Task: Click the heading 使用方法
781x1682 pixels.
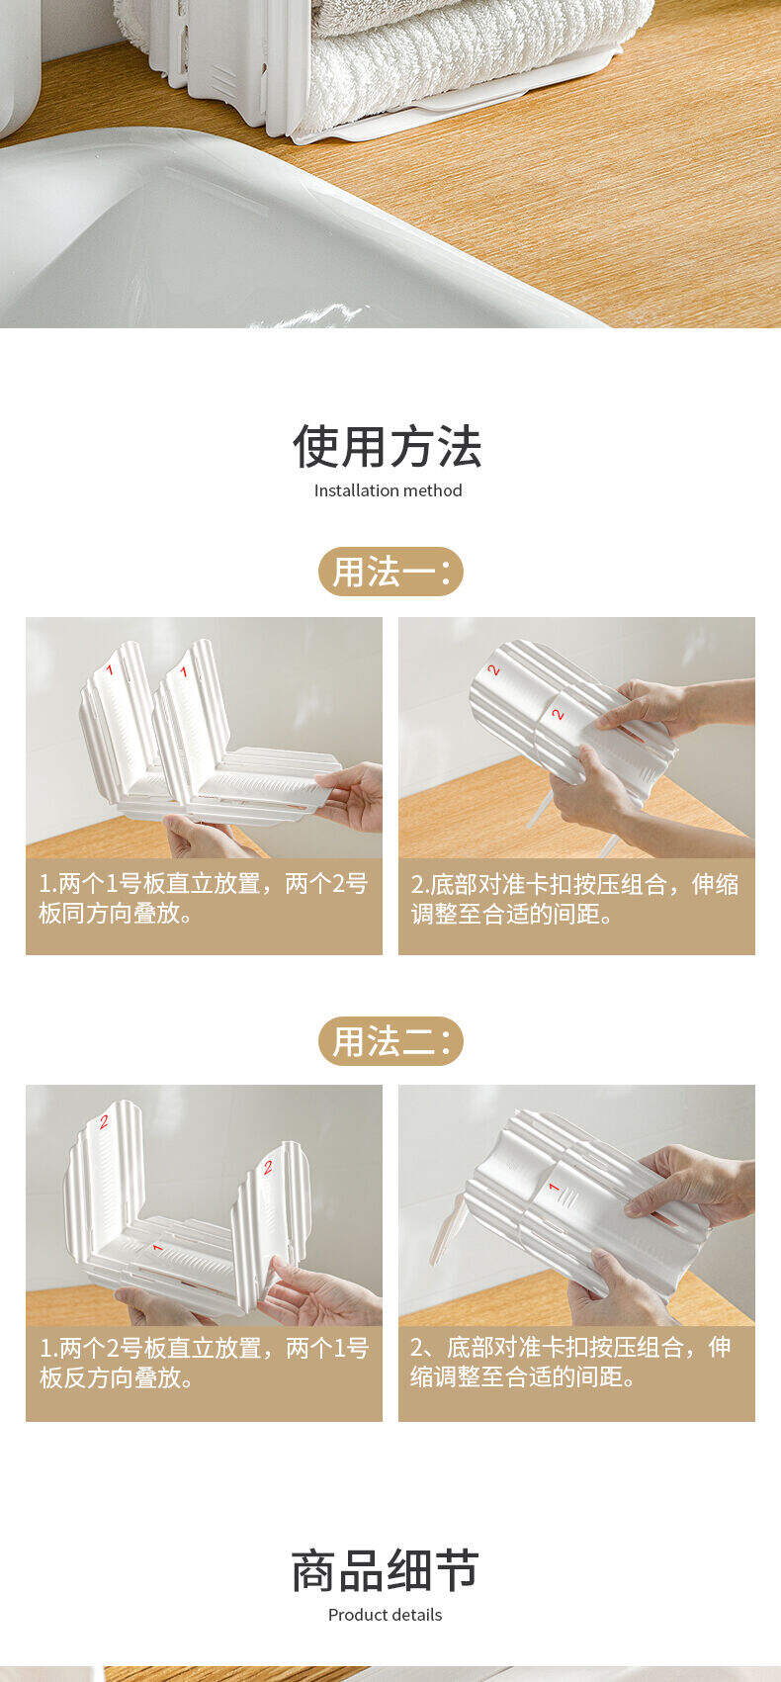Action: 387,446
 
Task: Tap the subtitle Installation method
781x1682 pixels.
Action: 388,490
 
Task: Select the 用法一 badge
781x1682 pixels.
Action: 390,572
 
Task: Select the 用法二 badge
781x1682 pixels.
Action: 390,1040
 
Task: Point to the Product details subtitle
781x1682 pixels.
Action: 385,1615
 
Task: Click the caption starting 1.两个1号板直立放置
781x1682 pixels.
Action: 204,898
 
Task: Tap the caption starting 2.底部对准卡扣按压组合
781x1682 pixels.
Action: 575,898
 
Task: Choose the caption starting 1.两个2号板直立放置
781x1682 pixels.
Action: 204,1363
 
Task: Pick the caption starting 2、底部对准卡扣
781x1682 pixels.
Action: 570,1362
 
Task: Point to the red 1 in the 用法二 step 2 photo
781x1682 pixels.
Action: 555,1188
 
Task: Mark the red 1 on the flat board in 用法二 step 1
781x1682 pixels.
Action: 158,1247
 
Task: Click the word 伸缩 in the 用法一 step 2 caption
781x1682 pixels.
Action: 716,884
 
